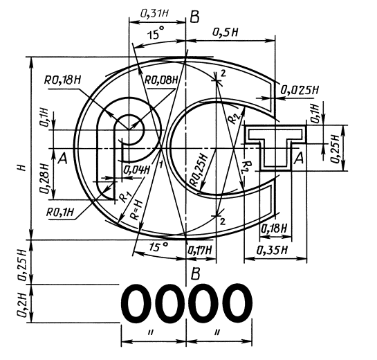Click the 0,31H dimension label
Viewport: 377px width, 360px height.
[154, 14]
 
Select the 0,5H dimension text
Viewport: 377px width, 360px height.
[225, 32]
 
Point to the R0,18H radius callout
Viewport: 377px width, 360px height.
[62, 80]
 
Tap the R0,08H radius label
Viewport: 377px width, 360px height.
[161, 80]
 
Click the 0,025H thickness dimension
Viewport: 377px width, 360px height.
[300, 90]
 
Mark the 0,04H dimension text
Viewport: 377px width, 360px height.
[136, 170]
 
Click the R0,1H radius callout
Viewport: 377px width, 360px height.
[59, 213]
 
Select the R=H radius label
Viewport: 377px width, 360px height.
[136, 210]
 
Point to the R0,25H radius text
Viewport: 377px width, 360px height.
[199, 170]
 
